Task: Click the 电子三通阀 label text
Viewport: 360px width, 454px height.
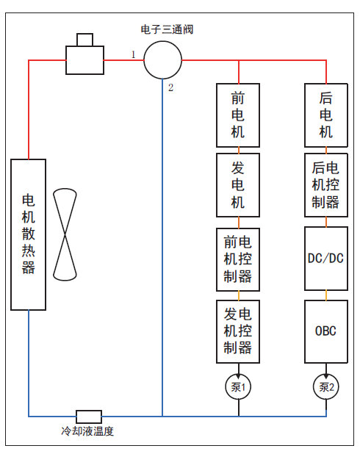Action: pyautogui.click(x=167, y=29)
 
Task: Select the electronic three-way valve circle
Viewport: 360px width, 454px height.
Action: pyautogui.click(x=163, y=41)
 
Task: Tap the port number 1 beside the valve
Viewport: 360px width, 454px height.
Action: pyautogui.click(x=134, y=54)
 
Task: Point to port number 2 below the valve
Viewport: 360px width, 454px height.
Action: pyautogui.click(x=171, y=87)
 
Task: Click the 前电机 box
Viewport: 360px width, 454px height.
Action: pyautogui.click(x=238, y=115)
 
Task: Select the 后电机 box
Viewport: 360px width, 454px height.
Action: pyautogui.click(x=326, y=115)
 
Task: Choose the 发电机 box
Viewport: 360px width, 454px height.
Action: pyautogui.click(x=238, y=185)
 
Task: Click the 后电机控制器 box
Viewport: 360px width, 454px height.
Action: pyautogui.click(x=326, y=185)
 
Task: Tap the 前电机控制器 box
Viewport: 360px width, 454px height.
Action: pyautogui.click(x=238, y=259)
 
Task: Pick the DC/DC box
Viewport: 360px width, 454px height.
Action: pyautogui.click(x=326, y=259)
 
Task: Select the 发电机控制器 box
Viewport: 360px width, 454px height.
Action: pyautogui.click(x=238, y=331)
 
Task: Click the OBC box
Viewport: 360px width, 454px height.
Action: pyautogui.click(x=326, y=331)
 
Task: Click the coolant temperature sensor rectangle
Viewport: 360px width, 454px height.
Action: pyautogui.click(x=89, y=411)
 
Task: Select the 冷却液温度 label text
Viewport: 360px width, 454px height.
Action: pyautogui.click(x=87, y=431)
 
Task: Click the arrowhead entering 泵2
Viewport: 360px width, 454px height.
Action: pyautogui.click(x=326, y=376)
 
